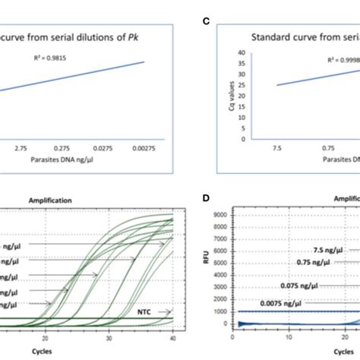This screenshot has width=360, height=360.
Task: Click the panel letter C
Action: tap(206, 23)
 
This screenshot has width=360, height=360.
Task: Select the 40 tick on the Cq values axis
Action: tap(241, 52)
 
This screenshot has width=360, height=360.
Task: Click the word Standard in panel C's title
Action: tap(275, 38)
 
